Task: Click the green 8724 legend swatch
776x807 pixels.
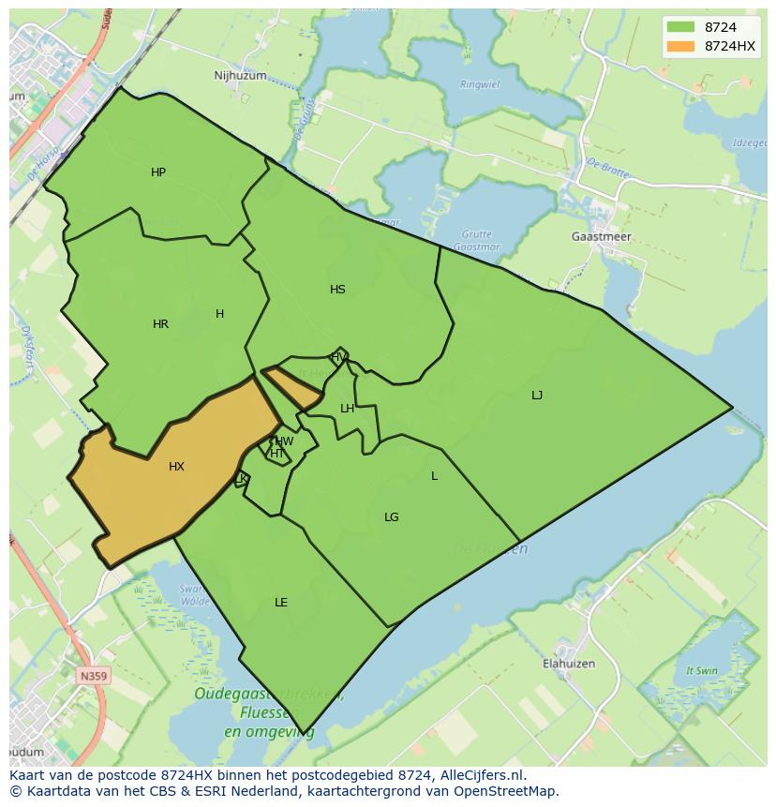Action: coord(680,27)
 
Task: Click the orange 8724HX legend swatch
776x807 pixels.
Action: coord(680,46)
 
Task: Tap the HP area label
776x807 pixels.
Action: coord(158,172)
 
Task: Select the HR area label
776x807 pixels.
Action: coord(160,324)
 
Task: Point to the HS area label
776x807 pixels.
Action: coord(337,290)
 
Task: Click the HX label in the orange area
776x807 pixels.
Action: coord(176,467)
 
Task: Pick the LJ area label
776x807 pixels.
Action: coord(537,396)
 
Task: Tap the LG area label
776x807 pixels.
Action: coord(392,517)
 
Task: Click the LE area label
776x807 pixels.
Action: coord(281,603)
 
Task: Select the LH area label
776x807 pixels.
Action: coord(347,409)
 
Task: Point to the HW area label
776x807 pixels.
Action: coord(284,441)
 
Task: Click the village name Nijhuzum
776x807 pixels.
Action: coord(240,76)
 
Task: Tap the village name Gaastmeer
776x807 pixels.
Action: coord(601,237)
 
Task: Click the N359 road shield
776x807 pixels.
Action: coord(93,675)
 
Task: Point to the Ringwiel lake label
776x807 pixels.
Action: coord(480,84)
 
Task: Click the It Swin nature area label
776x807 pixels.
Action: coord(701,671)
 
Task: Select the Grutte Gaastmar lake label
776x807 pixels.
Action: coord(476,240)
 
